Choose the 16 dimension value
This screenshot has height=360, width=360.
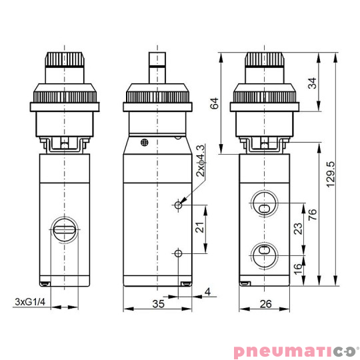298,268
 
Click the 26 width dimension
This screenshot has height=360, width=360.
265,305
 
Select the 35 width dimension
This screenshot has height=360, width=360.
157,305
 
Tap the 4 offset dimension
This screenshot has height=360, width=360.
208,291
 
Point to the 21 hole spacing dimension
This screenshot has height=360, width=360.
199,228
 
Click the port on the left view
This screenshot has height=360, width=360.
64,231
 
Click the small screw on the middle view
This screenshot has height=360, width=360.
145,142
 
